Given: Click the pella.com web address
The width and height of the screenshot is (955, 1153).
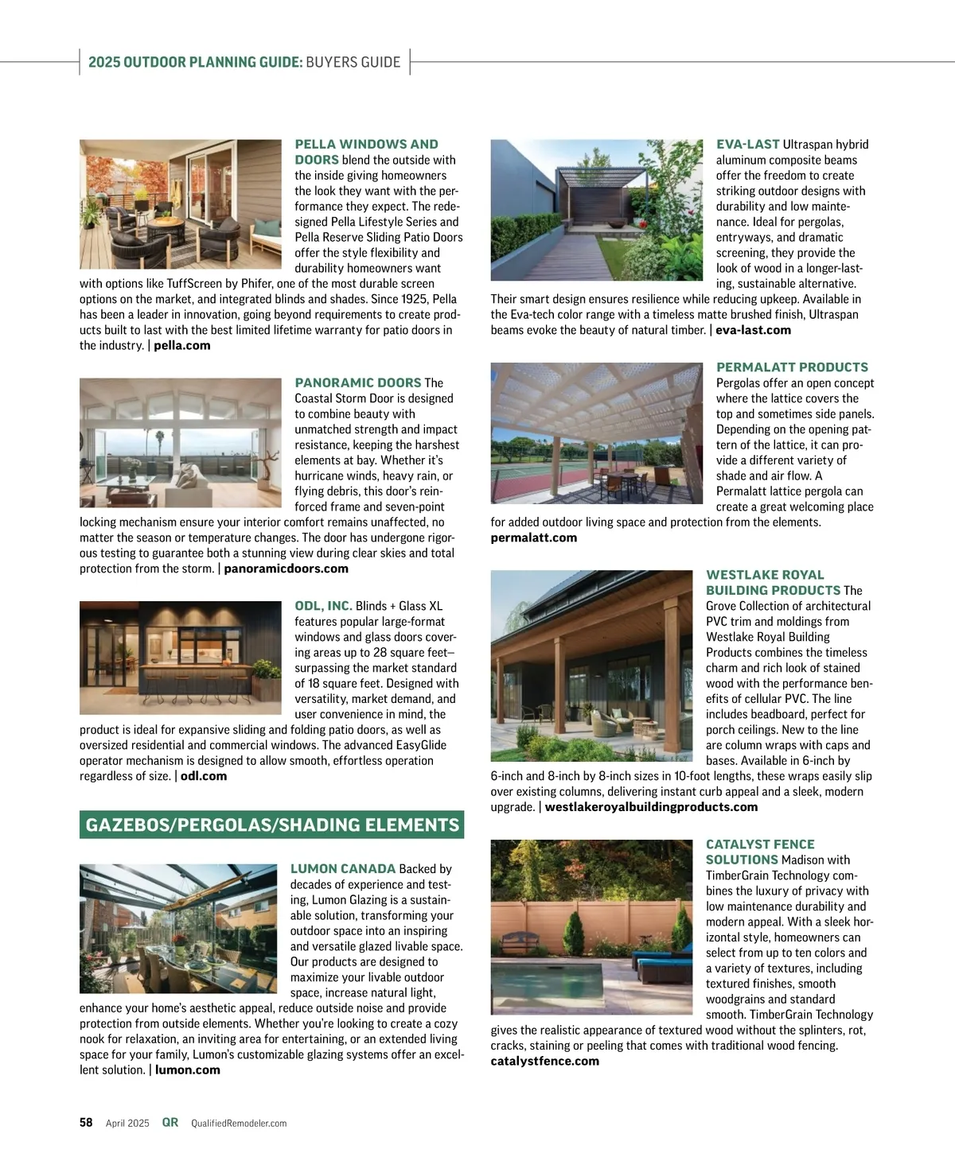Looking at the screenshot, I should click(x=181, y=346).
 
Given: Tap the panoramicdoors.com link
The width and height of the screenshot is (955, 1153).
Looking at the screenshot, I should click(x=286, y=569).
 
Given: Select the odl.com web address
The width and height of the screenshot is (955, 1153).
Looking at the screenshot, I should click(x=203, y=776).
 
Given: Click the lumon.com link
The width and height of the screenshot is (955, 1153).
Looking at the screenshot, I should click(x=187, y=1070).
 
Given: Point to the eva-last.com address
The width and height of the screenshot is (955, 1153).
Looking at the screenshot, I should click(x=753, y=330).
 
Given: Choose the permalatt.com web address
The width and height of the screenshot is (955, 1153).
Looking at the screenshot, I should click(x=533, y=538).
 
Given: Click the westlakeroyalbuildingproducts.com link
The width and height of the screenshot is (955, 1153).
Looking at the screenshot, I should click(x=651, y=807).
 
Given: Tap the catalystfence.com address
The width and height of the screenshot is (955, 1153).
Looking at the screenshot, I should click(x=544, y=1061).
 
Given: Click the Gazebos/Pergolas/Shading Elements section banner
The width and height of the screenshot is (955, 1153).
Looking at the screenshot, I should click(x=272, y=825).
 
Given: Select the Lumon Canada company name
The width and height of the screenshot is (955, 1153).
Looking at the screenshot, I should click(x=342, y=869).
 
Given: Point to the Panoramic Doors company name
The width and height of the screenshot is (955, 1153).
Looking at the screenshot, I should click(x=357, y=383).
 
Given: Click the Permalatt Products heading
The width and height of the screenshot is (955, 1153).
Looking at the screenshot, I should click(x=792, y=367).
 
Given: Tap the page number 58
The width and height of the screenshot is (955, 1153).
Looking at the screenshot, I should click(x=86, y=1123).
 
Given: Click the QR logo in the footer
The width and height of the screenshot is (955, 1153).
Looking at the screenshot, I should click(x=170, y=1123).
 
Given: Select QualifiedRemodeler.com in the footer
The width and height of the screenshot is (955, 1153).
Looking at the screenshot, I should click(x=239, y=1124).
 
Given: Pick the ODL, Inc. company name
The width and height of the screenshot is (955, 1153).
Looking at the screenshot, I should click(x=323, y=606).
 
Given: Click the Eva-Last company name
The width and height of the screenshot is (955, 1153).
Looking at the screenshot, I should click(x=747, y=145).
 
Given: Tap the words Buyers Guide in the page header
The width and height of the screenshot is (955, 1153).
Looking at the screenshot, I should click(x=353, y=62).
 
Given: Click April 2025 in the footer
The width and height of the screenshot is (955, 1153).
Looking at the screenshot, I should click(x=127, y=1124).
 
